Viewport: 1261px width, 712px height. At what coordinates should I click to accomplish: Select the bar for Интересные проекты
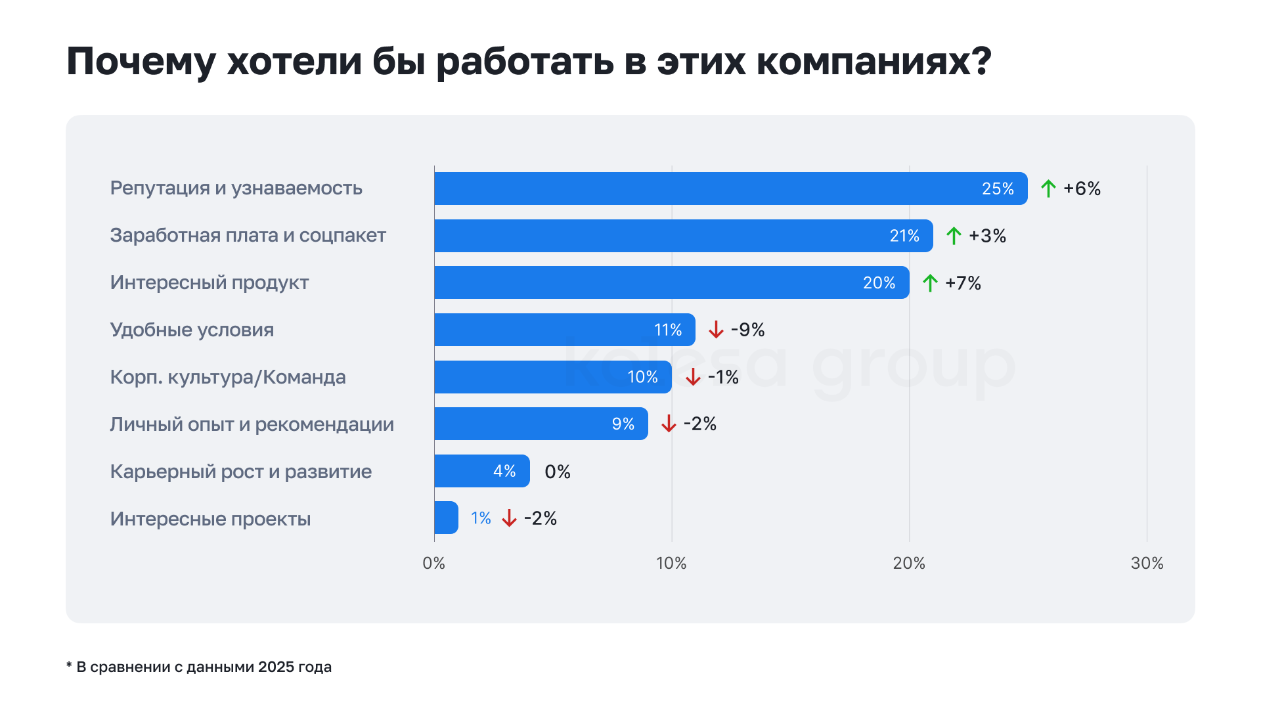click(446, 518)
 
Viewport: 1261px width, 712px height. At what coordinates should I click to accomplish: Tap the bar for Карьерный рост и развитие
click(481, 471)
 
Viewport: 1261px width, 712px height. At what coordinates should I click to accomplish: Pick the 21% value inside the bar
click(904, 236)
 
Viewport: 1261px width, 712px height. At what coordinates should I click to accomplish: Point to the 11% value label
click(667, 330)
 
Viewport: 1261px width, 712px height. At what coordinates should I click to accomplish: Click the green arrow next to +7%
click(930, 283)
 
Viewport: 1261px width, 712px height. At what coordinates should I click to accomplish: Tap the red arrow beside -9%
click(716, 330)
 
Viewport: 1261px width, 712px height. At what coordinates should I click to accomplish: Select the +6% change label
click(1082, 189)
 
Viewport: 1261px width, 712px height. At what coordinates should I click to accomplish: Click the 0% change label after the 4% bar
click(558, 472)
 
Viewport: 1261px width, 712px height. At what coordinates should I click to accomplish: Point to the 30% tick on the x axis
click(1147, 563)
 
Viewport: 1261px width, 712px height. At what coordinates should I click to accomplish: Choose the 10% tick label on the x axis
click(671, 563)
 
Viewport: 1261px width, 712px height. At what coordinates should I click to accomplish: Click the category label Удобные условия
click(192, 330)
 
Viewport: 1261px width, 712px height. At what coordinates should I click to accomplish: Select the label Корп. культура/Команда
click(227, 377)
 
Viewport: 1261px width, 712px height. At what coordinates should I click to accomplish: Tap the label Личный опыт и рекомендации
click(252, 424)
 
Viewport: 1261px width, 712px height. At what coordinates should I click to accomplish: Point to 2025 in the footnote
click(275, 667)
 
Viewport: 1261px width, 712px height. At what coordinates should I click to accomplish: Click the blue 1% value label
click(481, 518)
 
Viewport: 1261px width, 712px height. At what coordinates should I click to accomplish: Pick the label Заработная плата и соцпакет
click(248, 235)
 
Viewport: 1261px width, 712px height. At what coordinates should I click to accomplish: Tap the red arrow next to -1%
click(693, 377)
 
